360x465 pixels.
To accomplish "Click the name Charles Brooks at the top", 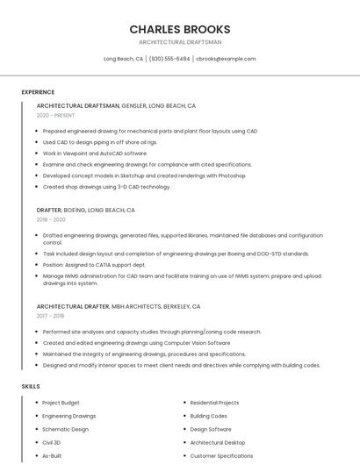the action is point(180,29).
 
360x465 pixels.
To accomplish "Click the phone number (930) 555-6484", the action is point(169,59).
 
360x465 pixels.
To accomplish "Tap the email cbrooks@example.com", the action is point(226,59).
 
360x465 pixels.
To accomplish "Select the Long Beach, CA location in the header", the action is point(124,59).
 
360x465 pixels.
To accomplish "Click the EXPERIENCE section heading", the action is point(38,92).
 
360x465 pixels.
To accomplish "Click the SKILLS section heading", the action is point(31,386).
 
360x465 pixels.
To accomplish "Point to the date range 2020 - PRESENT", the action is point(55,115).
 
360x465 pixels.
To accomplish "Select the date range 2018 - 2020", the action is point(51,219).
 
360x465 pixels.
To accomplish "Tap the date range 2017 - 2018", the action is point(50,316).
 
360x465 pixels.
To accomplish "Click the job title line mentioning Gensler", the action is point(116,105).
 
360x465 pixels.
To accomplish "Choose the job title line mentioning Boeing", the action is point(85,211).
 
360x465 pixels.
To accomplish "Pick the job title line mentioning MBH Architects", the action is point(119,307).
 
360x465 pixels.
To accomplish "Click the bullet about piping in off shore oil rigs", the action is point(100,142).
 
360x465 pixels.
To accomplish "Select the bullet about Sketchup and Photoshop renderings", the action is point(144,175).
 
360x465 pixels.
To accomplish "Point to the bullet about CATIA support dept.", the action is point(94,264).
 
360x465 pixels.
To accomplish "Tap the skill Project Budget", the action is point(61,403).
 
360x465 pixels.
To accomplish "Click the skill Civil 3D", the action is point(52,443).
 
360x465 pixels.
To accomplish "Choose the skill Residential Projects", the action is point(214,403).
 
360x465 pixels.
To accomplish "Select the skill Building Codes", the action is point(208,416).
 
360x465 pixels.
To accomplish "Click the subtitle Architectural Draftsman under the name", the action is point(180,42).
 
